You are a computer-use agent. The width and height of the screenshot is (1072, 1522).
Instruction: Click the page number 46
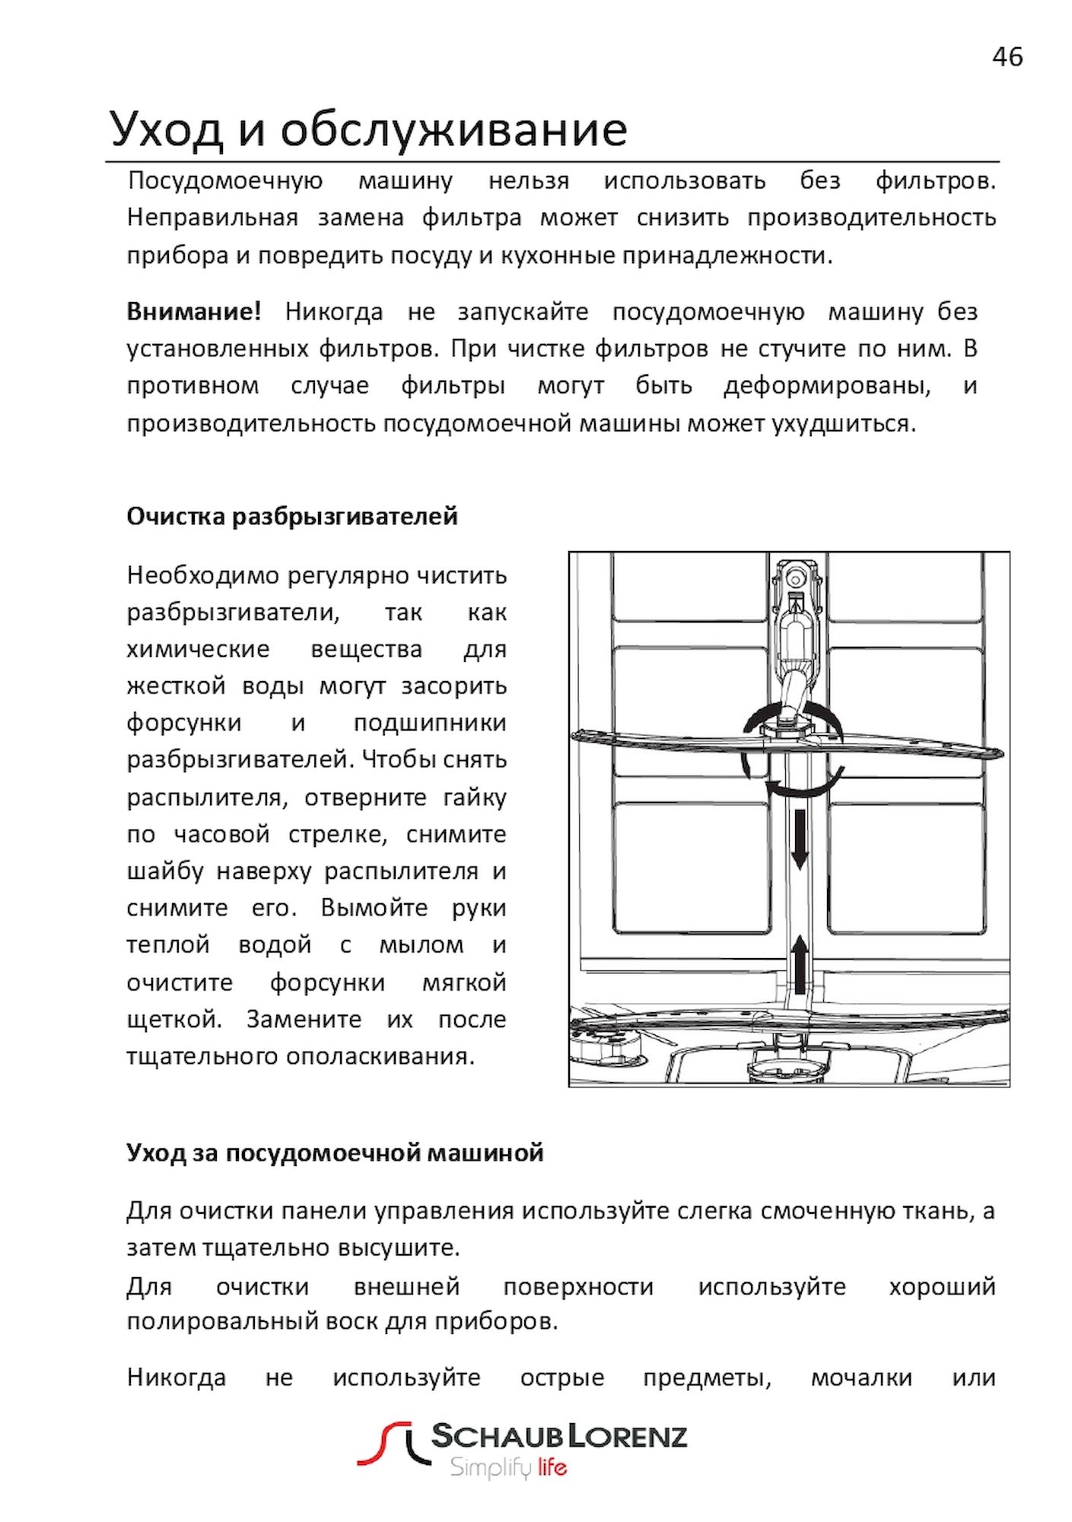point(1007,57)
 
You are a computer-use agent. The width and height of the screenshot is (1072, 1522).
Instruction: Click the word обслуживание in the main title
point(453,129)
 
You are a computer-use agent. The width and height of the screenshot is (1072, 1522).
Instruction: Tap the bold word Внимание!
point(194,312)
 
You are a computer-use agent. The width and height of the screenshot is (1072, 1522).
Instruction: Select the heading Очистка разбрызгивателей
point(292,517)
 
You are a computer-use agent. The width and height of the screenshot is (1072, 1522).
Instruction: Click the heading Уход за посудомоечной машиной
point(335,1153)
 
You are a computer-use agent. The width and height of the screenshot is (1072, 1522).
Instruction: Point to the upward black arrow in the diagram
point(799,964)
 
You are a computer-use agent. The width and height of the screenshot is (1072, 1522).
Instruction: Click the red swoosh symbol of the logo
point(384,1443)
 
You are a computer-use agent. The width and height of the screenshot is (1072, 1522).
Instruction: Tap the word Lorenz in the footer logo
point(628,1437)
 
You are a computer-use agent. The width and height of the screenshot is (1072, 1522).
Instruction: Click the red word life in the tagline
point(552,1467)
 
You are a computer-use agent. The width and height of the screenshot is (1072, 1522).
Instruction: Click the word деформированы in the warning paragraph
point(827,387)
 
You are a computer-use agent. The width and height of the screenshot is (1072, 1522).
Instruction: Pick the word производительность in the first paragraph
point(871,218)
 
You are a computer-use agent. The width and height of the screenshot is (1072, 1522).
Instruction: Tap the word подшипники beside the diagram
point(430,723)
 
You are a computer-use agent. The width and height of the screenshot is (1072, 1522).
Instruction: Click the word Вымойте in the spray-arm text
point(374,908)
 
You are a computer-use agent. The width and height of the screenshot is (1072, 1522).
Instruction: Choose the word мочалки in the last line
point(861,1377)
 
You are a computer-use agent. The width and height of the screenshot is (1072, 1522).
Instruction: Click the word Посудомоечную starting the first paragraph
point(225,181)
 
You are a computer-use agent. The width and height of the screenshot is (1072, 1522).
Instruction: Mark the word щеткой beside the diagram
point(173,1020)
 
